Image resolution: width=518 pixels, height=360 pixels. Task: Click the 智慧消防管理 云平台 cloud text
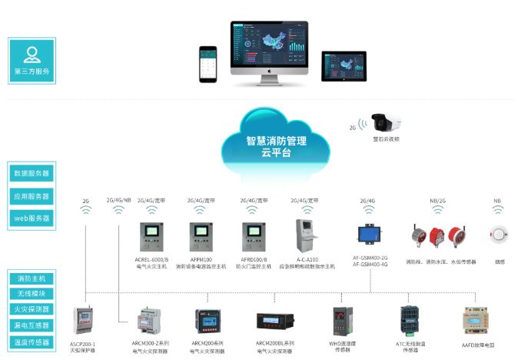[276, 147]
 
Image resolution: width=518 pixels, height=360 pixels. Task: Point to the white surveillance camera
[387, 122]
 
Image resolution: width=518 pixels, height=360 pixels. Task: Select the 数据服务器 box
[32, 174]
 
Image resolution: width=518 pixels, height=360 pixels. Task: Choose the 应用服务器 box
[32, 196]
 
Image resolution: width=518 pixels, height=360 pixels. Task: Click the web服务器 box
[32, 218]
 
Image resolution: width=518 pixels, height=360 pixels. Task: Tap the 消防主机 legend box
[32, 277]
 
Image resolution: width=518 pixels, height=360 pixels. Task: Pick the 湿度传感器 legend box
[32, 342]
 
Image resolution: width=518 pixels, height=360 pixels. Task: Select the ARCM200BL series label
[274, 344]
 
